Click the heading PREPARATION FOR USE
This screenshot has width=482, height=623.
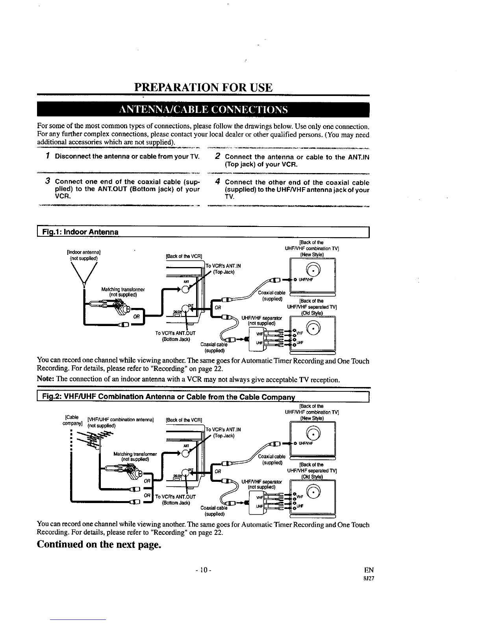203,87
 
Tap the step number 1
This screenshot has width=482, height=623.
46,157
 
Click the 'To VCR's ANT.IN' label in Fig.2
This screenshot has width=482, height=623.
223,429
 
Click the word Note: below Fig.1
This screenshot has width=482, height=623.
45,380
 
